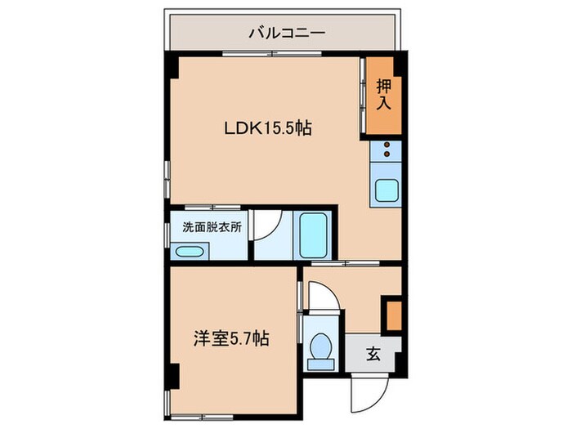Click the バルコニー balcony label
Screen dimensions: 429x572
pos(287,34)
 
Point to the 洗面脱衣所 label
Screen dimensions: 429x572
pos(212,228)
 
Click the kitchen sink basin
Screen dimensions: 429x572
pos(386,190)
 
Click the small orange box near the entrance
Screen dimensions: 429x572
pos(393,315)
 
